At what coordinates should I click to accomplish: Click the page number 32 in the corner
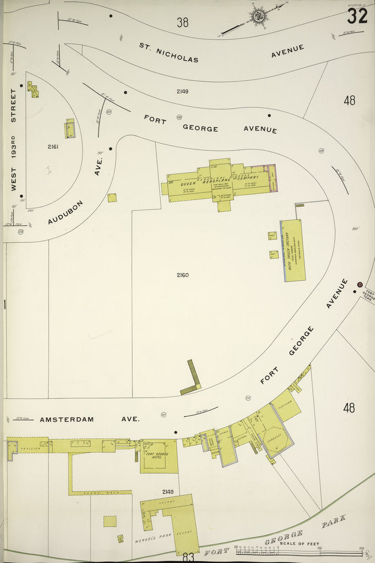357,16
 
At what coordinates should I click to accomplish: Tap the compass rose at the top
257,15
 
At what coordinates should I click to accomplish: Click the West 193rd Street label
13,140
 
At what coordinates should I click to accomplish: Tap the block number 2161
53,147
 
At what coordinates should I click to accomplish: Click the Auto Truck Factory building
293,250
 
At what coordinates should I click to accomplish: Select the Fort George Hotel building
159,456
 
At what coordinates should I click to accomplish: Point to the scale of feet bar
300,551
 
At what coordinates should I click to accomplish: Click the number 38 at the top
183,22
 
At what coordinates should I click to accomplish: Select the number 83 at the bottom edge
188,556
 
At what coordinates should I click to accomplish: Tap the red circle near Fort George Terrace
359,285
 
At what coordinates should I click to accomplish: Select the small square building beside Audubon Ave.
112,197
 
